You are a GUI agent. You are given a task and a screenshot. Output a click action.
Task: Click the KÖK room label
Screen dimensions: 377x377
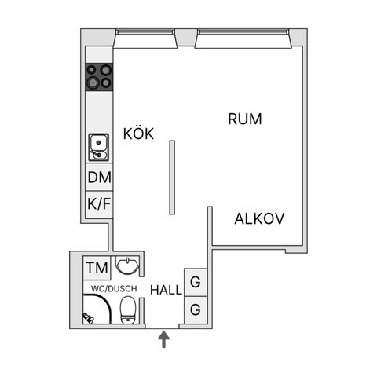[138, 134]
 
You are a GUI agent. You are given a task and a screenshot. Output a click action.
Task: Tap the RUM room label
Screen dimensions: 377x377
[245, 119]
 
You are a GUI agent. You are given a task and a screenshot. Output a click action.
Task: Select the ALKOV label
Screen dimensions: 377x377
[259, 218]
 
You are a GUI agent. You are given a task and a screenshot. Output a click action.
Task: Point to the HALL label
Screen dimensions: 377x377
[166, 290]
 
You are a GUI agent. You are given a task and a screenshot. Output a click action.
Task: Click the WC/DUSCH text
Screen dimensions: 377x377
[114, 288]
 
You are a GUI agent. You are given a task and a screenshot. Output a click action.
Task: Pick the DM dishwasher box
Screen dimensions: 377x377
[99, 177]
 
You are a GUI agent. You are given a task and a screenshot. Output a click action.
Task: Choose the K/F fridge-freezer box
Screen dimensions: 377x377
[99, 204]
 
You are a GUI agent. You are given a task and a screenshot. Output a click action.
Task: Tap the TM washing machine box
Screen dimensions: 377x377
[97, 268]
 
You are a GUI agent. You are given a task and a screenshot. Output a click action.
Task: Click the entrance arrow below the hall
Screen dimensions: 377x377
[163, 339]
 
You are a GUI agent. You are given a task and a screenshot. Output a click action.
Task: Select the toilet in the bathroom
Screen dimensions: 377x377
[128, 310]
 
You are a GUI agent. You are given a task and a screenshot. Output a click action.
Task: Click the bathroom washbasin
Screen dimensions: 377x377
[127, 265]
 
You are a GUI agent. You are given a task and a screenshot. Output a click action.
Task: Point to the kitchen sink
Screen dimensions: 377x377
[99, 148]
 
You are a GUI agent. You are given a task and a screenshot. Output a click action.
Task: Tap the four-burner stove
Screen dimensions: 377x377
[99, 77]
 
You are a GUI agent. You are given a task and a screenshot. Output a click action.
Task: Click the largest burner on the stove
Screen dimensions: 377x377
[93, 82]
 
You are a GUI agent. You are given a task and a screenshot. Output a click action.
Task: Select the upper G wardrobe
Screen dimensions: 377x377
[196, 283]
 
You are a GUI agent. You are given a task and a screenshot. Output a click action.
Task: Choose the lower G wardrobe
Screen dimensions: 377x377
[196, 310]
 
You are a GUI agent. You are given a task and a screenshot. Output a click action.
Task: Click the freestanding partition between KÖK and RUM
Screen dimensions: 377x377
[172, 178]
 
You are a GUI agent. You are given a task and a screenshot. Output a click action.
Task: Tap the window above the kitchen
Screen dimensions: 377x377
[145, 32]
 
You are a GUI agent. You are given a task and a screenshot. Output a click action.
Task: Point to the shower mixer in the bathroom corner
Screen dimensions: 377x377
[88, 318]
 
